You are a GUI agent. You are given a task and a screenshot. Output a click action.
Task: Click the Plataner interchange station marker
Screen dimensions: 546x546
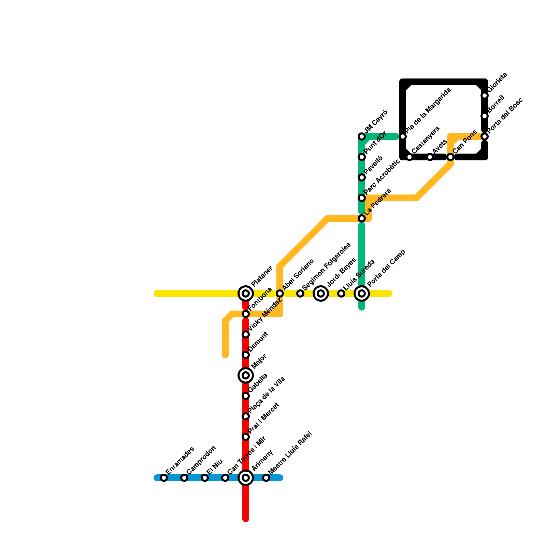coord(246,293)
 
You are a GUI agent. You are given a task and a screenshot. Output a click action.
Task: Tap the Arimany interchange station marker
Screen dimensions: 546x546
coord(246,477)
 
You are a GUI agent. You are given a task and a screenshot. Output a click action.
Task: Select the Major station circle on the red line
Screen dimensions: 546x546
coord(246,375)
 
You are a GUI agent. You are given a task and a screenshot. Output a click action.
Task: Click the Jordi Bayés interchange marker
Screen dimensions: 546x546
coord(321,293)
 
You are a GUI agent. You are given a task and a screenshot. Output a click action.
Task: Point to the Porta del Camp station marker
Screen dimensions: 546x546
coord(362,293)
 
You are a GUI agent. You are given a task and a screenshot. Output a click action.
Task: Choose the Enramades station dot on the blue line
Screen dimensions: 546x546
coord(164,478)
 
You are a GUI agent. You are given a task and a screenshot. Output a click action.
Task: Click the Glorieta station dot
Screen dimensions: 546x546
coord(485,96)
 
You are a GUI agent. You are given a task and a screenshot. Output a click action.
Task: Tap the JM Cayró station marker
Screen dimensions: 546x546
coord(362,136)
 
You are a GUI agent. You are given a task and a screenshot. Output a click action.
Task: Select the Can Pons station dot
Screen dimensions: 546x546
coord(450,157)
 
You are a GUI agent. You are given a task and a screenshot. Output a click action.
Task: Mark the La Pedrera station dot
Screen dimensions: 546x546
coord(362,218)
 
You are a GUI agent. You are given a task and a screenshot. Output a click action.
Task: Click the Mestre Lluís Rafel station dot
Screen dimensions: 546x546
coord(266,478)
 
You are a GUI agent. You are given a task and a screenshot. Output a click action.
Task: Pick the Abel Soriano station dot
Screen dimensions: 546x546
coord(280,293)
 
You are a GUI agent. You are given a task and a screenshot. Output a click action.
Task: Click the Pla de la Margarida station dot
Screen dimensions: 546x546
coord(403,136)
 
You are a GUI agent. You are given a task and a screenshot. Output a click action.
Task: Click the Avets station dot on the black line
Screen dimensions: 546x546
coord(430,157)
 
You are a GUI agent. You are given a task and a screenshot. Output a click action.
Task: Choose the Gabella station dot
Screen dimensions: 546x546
coord(246,396)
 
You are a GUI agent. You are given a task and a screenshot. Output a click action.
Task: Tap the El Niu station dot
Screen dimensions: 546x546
coord(205,478)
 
